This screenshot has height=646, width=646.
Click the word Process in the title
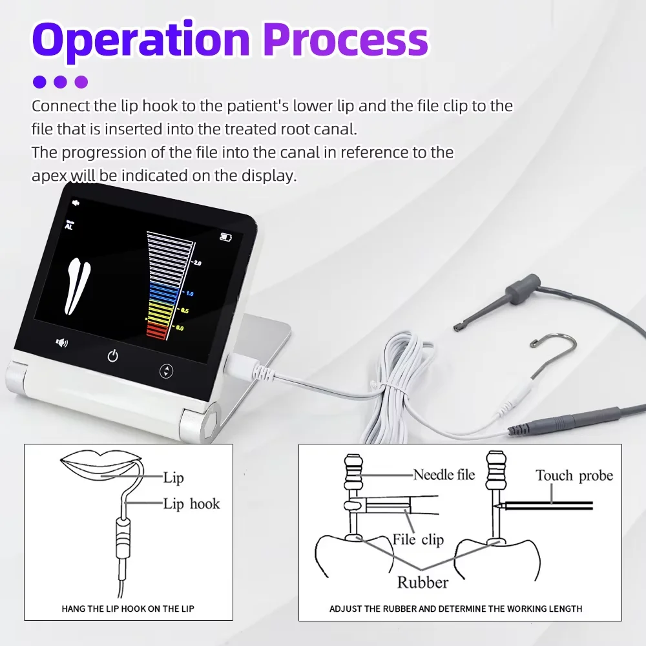346,40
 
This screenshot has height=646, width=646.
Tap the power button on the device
113,355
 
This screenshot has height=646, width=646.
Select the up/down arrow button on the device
167,371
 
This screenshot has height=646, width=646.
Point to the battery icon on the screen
225,237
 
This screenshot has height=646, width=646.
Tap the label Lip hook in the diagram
191,504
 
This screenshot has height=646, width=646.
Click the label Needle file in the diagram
444,475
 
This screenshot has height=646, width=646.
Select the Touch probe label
574,476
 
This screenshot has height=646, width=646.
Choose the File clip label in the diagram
418,539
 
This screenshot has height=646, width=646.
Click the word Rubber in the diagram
422,582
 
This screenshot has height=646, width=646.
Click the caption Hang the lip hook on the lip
128,609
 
